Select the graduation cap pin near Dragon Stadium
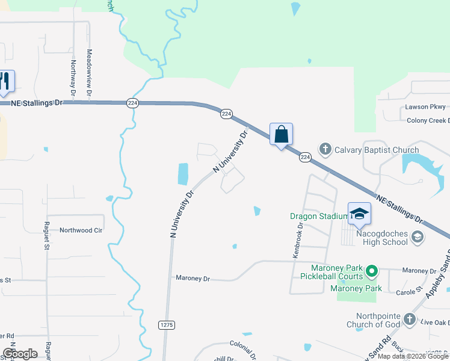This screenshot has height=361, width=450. pos(359,214)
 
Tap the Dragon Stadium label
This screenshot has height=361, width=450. pos(319,216)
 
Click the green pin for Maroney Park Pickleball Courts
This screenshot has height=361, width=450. pos(372,272)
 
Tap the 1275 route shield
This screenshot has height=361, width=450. pos(167,325)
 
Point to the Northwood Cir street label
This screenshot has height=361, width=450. pos(81,230)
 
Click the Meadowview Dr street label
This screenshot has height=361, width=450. pos(89,73)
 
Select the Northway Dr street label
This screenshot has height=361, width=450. pos(73,78)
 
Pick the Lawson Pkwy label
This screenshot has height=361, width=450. pos(425,107)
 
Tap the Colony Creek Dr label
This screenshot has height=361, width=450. pos(428,120)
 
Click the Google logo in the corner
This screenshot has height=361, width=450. pos(20,354)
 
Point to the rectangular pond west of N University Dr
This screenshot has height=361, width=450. pos(183,174)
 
